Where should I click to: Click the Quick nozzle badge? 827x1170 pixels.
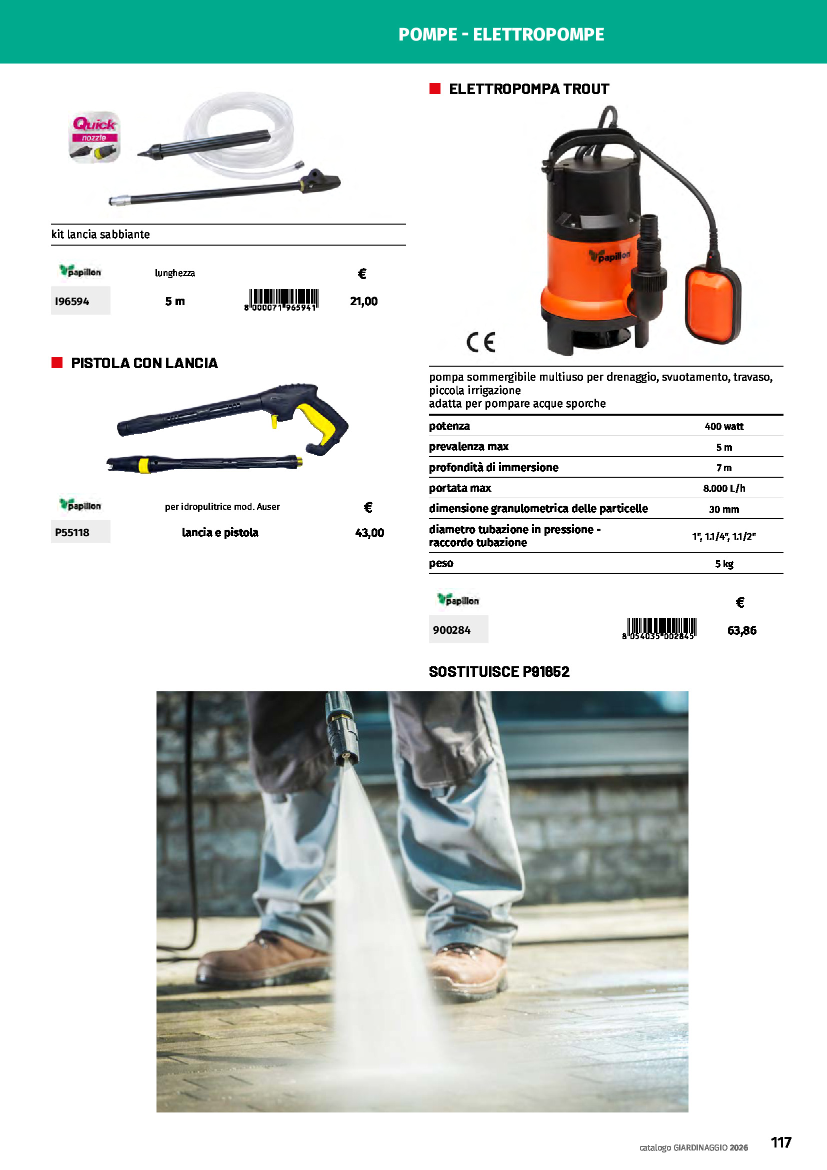coord(94,137)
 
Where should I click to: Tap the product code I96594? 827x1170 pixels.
coord(72,301)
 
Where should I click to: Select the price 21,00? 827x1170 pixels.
coord(363,301)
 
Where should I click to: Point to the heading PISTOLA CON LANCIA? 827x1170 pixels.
coord(144,363)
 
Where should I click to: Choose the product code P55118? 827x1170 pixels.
coord(72,533)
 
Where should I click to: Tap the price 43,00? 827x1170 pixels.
coord(369,533)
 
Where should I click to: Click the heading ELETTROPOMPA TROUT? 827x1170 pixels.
coord(528,89)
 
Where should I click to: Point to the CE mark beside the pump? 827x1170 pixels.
coord(480,342)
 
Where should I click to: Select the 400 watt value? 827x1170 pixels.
coord(723,426)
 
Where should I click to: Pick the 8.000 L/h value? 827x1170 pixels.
coord(723,488)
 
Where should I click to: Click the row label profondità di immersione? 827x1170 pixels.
coord(493,467)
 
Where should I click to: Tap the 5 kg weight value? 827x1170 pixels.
coord(723,564)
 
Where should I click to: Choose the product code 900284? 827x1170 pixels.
coord(451,630)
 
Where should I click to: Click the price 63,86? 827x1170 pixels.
coord(741,630)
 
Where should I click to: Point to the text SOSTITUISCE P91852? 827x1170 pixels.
coord(499,672)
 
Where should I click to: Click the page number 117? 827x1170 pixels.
coord(780,1142)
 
